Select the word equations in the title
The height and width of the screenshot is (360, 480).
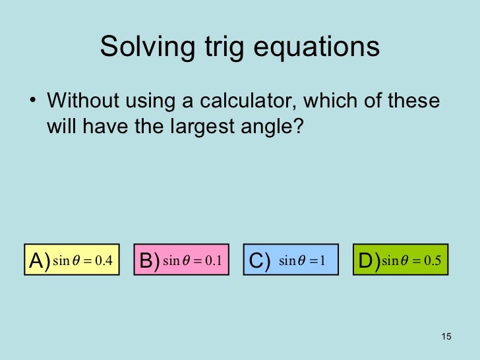[319, 47]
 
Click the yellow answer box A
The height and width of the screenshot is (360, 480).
[72, 261]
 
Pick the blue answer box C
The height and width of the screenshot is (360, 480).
[291, 261]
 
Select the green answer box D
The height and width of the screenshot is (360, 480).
[400, 261]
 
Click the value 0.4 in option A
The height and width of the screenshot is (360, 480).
[104, 261]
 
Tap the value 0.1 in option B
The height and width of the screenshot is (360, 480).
[212, 262]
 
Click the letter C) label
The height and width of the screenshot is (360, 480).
[259, 262]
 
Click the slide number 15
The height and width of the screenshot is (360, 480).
[446, 338]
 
